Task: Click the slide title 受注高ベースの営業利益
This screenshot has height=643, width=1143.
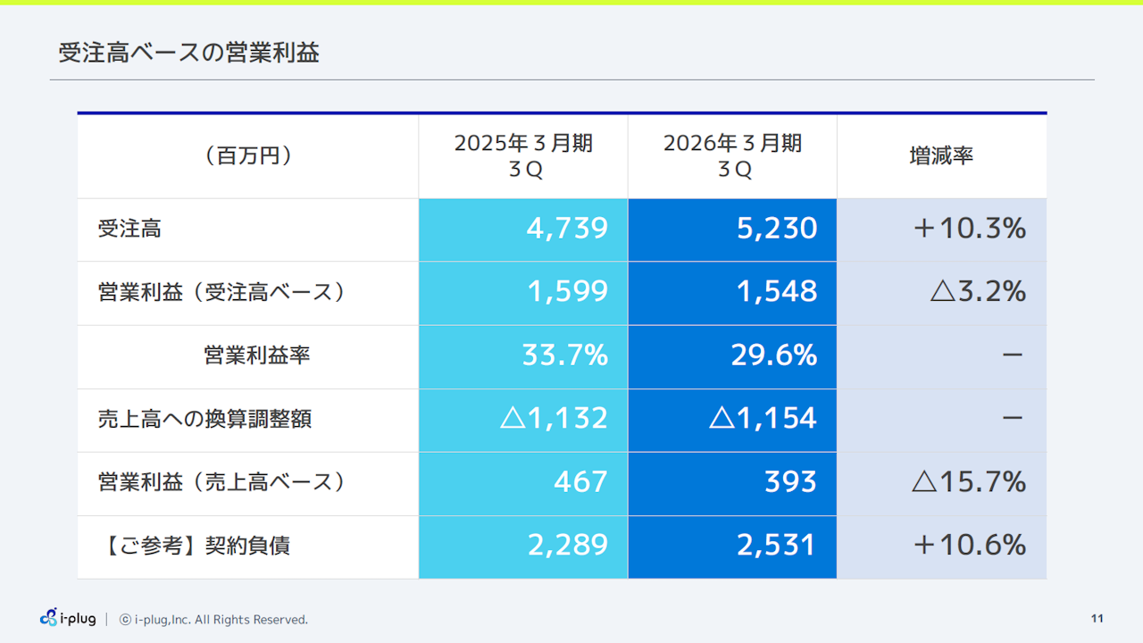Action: (x=188, y=53)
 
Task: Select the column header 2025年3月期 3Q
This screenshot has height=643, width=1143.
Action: (x=523, y=156)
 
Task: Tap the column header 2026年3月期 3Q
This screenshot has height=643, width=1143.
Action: (x=732, y=156)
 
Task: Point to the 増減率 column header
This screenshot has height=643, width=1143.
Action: (x=941, y=155)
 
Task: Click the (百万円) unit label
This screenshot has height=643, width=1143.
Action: (x=247, y=155)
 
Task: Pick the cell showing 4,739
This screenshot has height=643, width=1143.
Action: (x=567, y=229)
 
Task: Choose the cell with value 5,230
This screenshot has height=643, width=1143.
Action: (x=777, y=229)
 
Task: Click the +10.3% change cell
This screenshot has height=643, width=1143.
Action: (x=969, y=229)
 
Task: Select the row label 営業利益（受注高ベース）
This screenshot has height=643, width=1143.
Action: (x=221, y=292)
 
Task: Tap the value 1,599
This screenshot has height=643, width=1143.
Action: (x=567, y=292)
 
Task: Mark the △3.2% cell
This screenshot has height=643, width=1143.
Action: (x=978, y=292)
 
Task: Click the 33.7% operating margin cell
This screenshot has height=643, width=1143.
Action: (x=564, y=355)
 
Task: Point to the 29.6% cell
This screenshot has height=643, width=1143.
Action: (x=774, y=355)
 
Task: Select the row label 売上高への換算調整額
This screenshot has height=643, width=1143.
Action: (x=204, y=419)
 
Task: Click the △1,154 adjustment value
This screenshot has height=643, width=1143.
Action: (x=763, y=419)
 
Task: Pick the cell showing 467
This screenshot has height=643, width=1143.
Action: (x=580, y=482)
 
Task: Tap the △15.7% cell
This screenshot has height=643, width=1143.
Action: (x=969, y=482)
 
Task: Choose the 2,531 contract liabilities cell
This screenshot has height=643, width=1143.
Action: (x=777, y=546)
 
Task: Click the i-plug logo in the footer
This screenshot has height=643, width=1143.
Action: (x=68, y=618)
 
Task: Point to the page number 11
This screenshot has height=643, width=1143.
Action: (x=1097, y=619)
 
